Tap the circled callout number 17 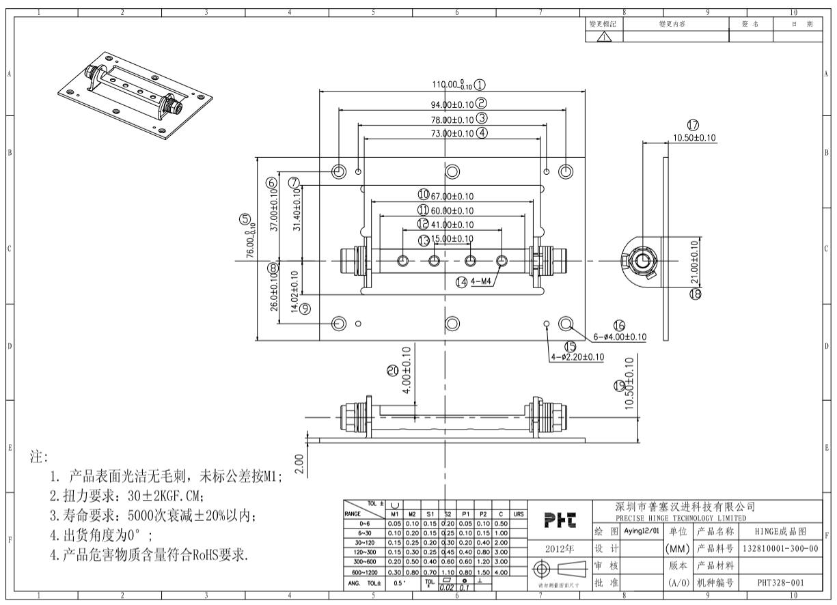tap(694, 125)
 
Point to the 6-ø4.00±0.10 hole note tap(620, 337)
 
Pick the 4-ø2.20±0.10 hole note tap(577, 357)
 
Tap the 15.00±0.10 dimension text tap(452, 239)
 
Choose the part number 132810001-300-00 tap(780, 548)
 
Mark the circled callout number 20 tap(392, 370)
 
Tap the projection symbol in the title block tap(561, 567)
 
